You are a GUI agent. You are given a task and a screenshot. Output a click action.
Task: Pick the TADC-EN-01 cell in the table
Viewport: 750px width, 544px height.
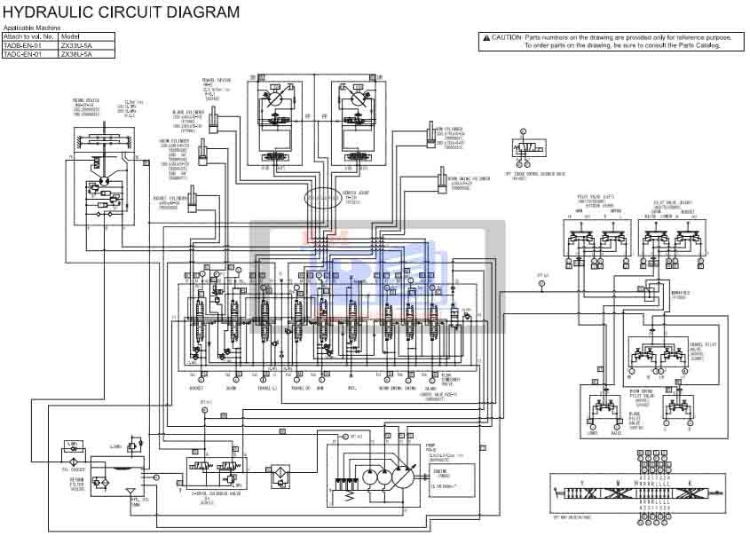pyautogui.click(x=31, y=54)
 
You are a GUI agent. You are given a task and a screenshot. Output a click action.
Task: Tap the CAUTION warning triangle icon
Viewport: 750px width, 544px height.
pyautogui.click(x=486, y=37)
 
